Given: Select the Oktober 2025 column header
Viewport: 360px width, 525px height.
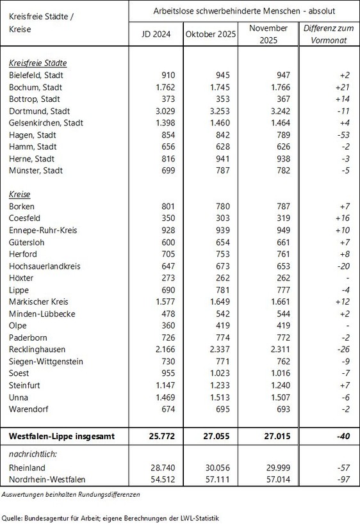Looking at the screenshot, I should [x=209, y=35].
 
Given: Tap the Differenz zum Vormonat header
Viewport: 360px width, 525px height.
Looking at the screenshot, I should [x=331, y=35].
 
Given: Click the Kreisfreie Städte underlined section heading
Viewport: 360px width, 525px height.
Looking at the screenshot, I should [x=38, y=63].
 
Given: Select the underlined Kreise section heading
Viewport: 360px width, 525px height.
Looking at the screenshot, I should [x=21, y=194].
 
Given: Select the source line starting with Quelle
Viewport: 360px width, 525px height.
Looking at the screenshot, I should [x=110, y=517].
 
